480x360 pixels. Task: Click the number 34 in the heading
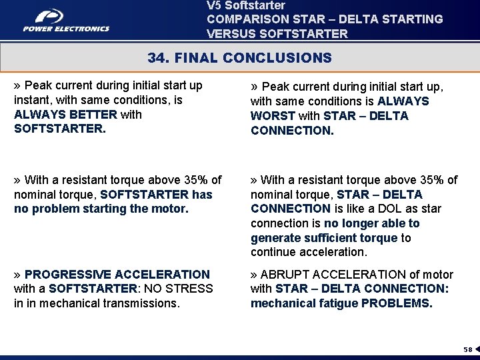coord(157,58)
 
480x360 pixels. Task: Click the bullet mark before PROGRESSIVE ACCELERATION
coord(18,275)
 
